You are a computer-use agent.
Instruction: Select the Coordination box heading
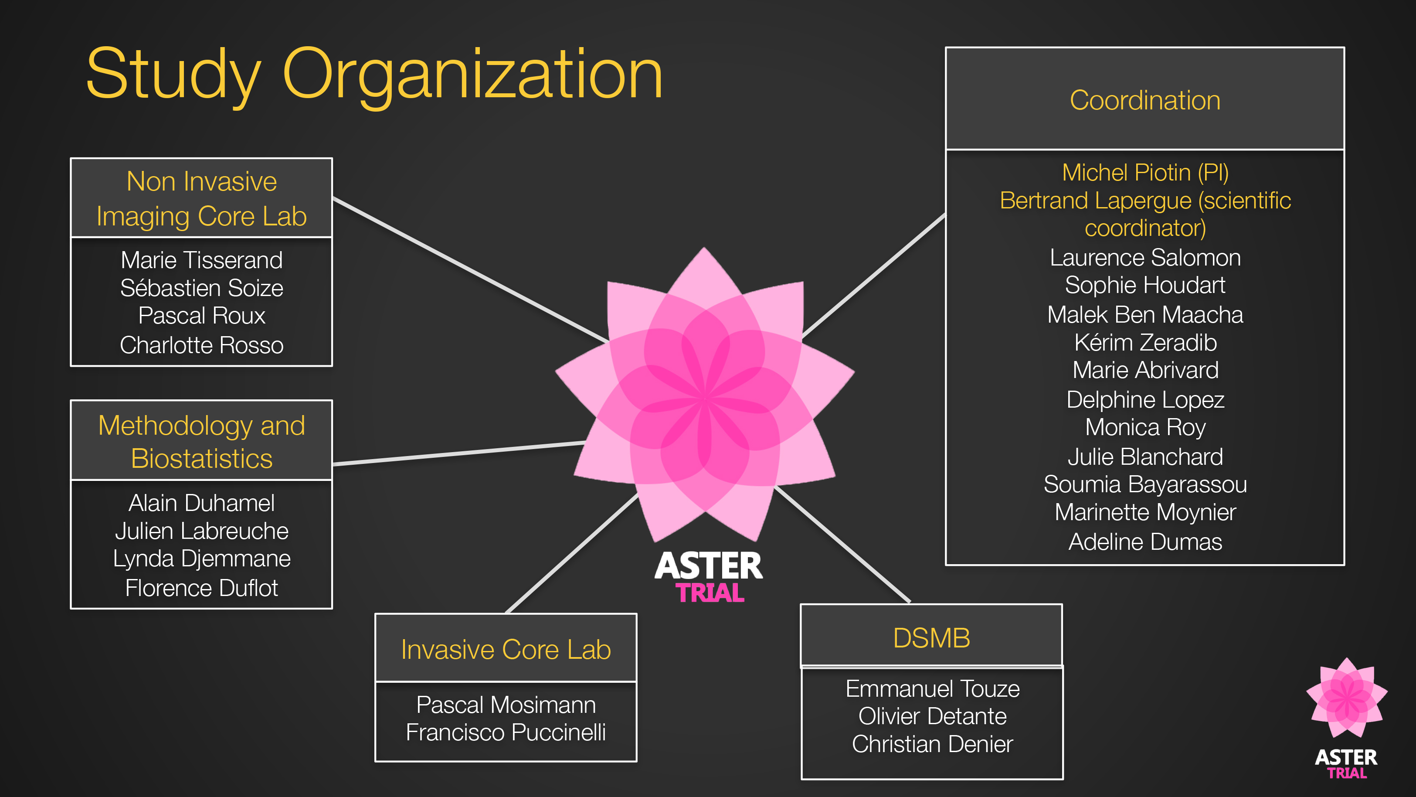[x=1145, y=100]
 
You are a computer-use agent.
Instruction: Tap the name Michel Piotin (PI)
[x=1145, y=173]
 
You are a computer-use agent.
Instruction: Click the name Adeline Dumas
[x=1145, y=542]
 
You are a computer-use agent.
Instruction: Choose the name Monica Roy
[x=1145, y=427]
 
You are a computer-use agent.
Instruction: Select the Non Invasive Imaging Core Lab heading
[x=201, y=198]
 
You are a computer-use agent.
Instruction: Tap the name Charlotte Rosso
[x=201, y=345]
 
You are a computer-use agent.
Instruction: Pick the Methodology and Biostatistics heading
[x=201, y=442]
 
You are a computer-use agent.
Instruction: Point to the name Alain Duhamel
[x=201, y=503]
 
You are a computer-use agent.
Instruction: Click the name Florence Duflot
[x=201, y=588]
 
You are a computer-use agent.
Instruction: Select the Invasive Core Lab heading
[x=506, y=650]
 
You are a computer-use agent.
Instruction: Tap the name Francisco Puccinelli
[x=506, y=732]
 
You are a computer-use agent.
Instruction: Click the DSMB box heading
[x=931, y=638]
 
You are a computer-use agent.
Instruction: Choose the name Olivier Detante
[x=932, y=716]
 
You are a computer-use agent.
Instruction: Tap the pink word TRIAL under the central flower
[x=710, y=593]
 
